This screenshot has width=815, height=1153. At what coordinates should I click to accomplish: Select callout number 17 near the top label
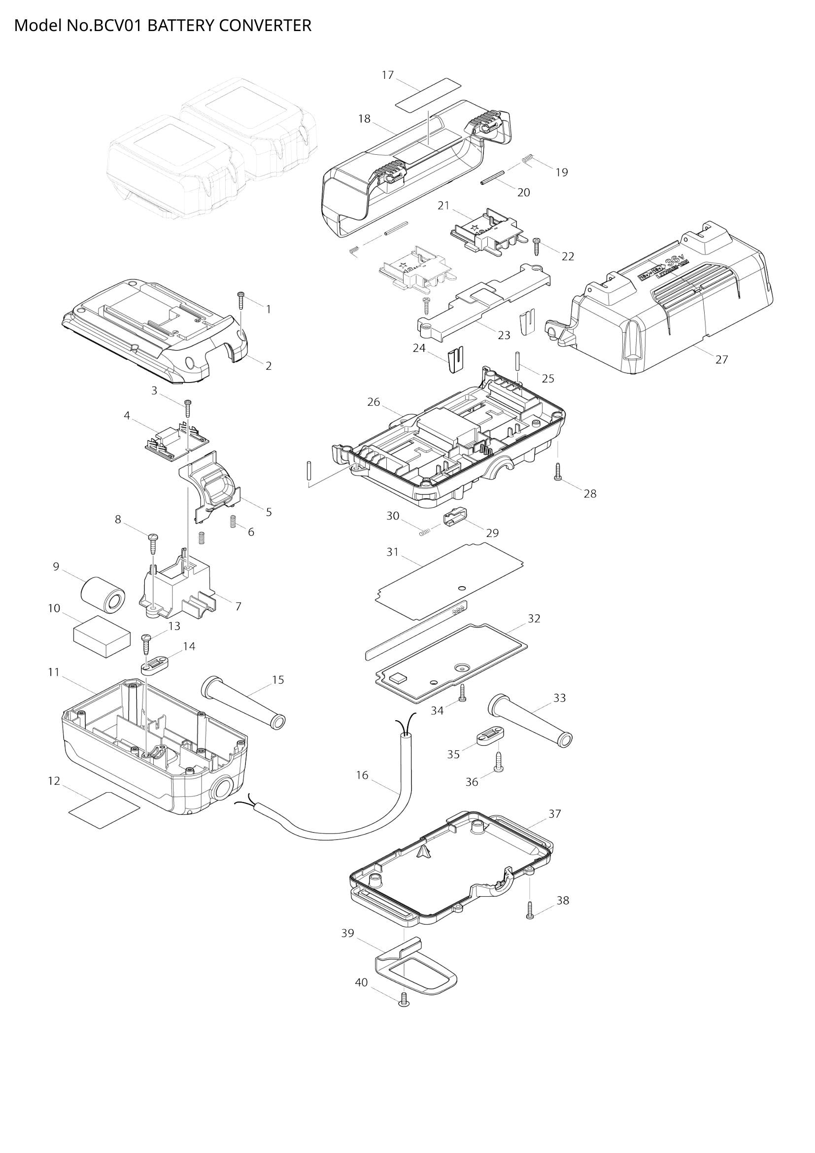pos(387,75)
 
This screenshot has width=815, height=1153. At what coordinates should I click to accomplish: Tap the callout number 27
pos(721,359)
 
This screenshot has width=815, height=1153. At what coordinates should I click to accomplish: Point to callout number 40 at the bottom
pos(361,982)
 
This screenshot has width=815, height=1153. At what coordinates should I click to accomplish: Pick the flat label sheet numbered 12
pos(104,809)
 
